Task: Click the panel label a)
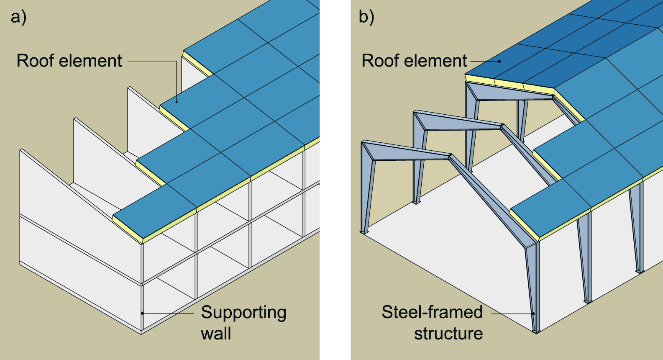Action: [x=18, y=18]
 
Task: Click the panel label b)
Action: [x=366, y=18]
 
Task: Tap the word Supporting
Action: [x=243, y=313]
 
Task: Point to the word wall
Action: [x=216, y=334]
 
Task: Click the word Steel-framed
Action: [x=432, y=312]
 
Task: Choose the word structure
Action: [x=448, y=334]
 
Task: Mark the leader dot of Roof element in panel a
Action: [x=177, y=102]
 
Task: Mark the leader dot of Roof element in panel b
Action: [x=499, y=61]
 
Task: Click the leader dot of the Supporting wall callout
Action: [x=142, y=313]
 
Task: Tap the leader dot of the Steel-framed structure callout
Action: [x=534, y=314]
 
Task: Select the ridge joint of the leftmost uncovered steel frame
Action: [x=450, y=157]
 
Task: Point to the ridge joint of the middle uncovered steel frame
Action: [x=502, y=126]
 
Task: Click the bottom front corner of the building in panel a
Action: [x=141, y=334]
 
